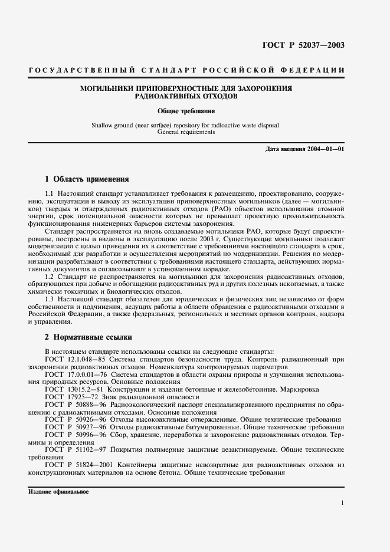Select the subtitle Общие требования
(186, 110)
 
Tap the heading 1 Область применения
(87, 179)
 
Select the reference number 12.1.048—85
(89, 359)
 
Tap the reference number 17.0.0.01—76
(89, 375)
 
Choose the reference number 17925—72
(84, 397)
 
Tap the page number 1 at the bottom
(342, 502)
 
